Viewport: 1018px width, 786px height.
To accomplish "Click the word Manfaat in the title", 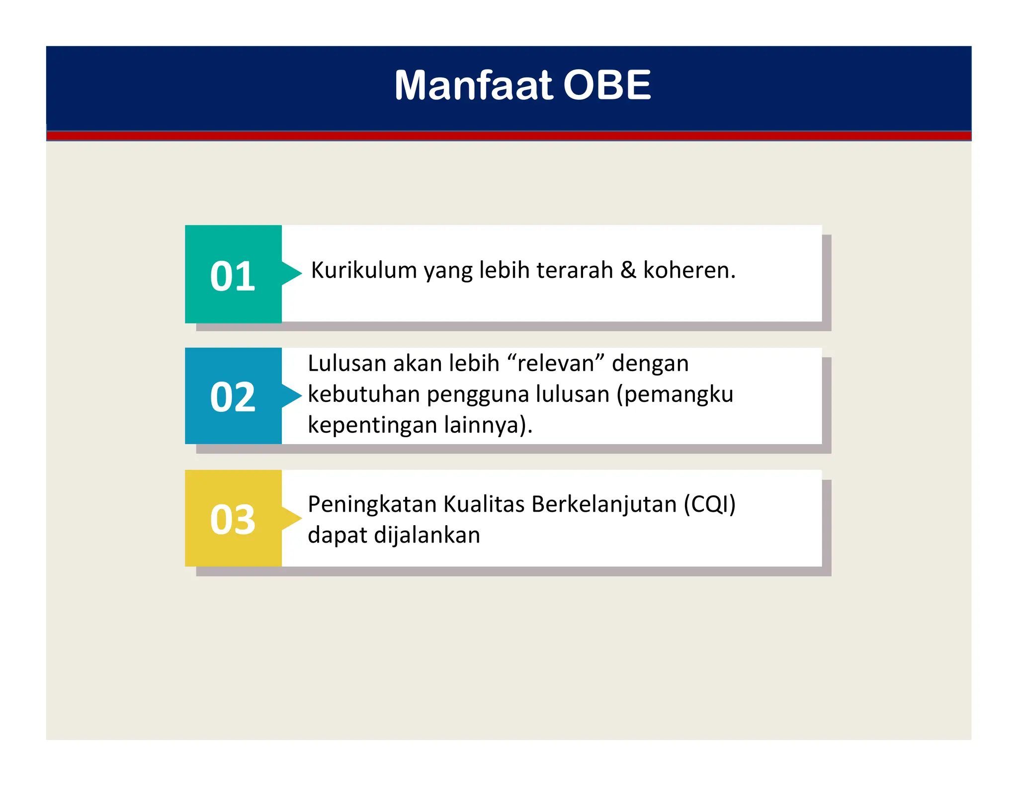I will (x=473, y=85).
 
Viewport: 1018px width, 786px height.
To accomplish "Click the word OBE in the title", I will (x=607, y=85).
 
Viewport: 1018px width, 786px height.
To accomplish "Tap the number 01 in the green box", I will (x=233, y=276).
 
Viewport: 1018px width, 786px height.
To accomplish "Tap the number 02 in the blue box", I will (x=233, y=397).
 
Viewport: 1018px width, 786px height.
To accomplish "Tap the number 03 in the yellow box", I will (x=233, y=520).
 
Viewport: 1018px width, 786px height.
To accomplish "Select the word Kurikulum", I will (x=364, y=271).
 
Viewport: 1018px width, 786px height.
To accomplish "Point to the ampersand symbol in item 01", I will (x=628, y=271).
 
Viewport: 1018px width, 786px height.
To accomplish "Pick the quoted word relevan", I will (x=556, y=364).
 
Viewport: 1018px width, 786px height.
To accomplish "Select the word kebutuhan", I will (x=364, y=394).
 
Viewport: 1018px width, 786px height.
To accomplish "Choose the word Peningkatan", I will (x=372, y=505).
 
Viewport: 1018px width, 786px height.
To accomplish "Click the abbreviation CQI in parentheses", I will (x=709, y=505).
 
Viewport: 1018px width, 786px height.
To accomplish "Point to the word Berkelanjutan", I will (x=604, y=505).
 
